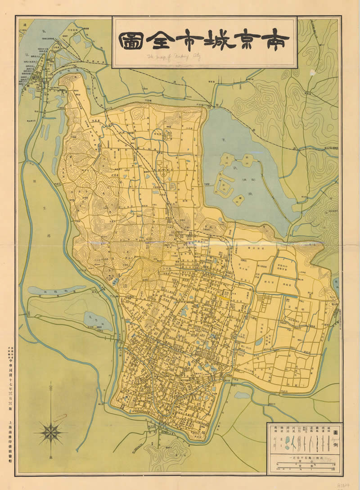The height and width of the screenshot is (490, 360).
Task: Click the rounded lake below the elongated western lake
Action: point(97,320)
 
